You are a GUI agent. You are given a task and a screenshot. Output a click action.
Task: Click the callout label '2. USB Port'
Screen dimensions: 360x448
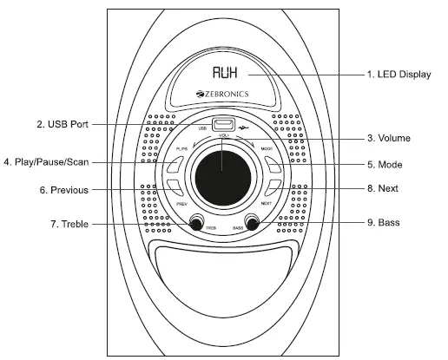[x=63, y=124]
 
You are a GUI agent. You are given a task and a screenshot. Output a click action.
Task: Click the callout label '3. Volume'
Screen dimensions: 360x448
[x=387, y=138]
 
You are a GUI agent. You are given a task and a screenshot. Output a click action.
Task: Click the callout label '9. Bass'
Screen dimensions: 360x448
[x=383, y=223]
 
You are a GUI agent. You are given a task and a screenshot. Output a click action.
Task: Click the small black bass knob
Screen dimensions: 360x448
[x=253, y=223]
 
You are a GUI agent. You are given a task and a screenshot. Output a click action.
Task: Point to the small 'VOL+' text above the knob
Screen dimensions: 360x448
[x=223, y=137]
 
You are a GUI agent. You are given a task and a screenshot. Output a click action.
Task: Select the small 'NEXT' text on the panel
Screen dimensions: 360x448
[x=266, y=204]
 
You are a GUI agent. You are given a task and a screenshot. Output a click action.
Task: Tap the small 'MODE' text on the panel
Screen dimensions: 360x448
[x=267, y=149]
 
